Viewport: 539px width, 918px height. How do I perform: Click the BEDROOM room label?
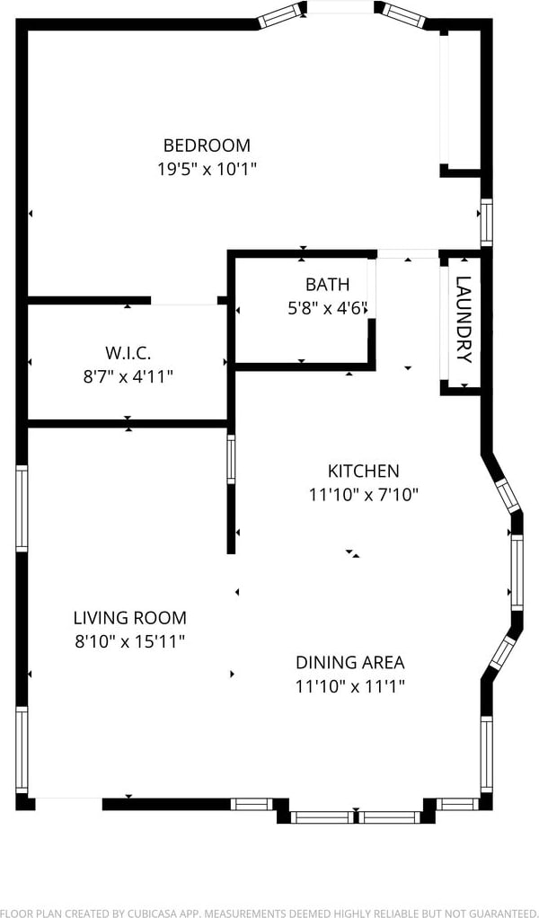207,145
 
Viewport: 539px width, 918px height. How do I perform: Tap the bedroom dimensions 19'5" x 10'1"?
208,169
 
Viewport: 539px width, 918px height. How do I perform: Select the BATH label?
327,285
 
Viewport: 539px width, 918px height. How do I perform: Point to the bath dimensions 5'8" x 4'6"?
327,308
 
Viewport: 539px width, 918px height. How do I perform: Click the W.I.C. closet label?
128,353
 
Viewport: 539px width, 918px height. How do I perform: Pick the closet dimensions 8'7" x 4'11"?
128,375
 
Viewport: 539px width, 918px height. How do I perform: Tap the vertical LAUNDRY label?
464,319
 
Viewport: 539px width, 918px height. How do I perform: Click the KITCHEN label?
363,471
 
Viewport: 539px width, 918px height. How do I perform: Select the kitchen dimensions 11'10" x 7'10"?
364,495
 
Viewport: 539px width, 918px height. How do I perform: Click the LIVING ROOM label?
130,618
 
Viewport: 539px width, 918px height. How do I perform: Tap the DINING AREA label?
350,663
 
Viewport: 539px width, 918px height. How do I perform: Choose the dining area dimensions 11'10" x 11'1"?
350,686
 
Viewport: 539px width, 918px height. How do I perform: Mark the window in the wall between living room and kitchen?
231,460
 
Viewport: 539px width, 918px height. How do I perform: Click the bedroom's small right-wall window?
486,223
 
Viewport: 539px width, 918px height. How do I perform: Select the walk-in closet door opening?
184,302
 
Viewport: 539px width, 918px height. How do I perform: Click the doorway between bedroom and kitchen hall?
408,254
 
